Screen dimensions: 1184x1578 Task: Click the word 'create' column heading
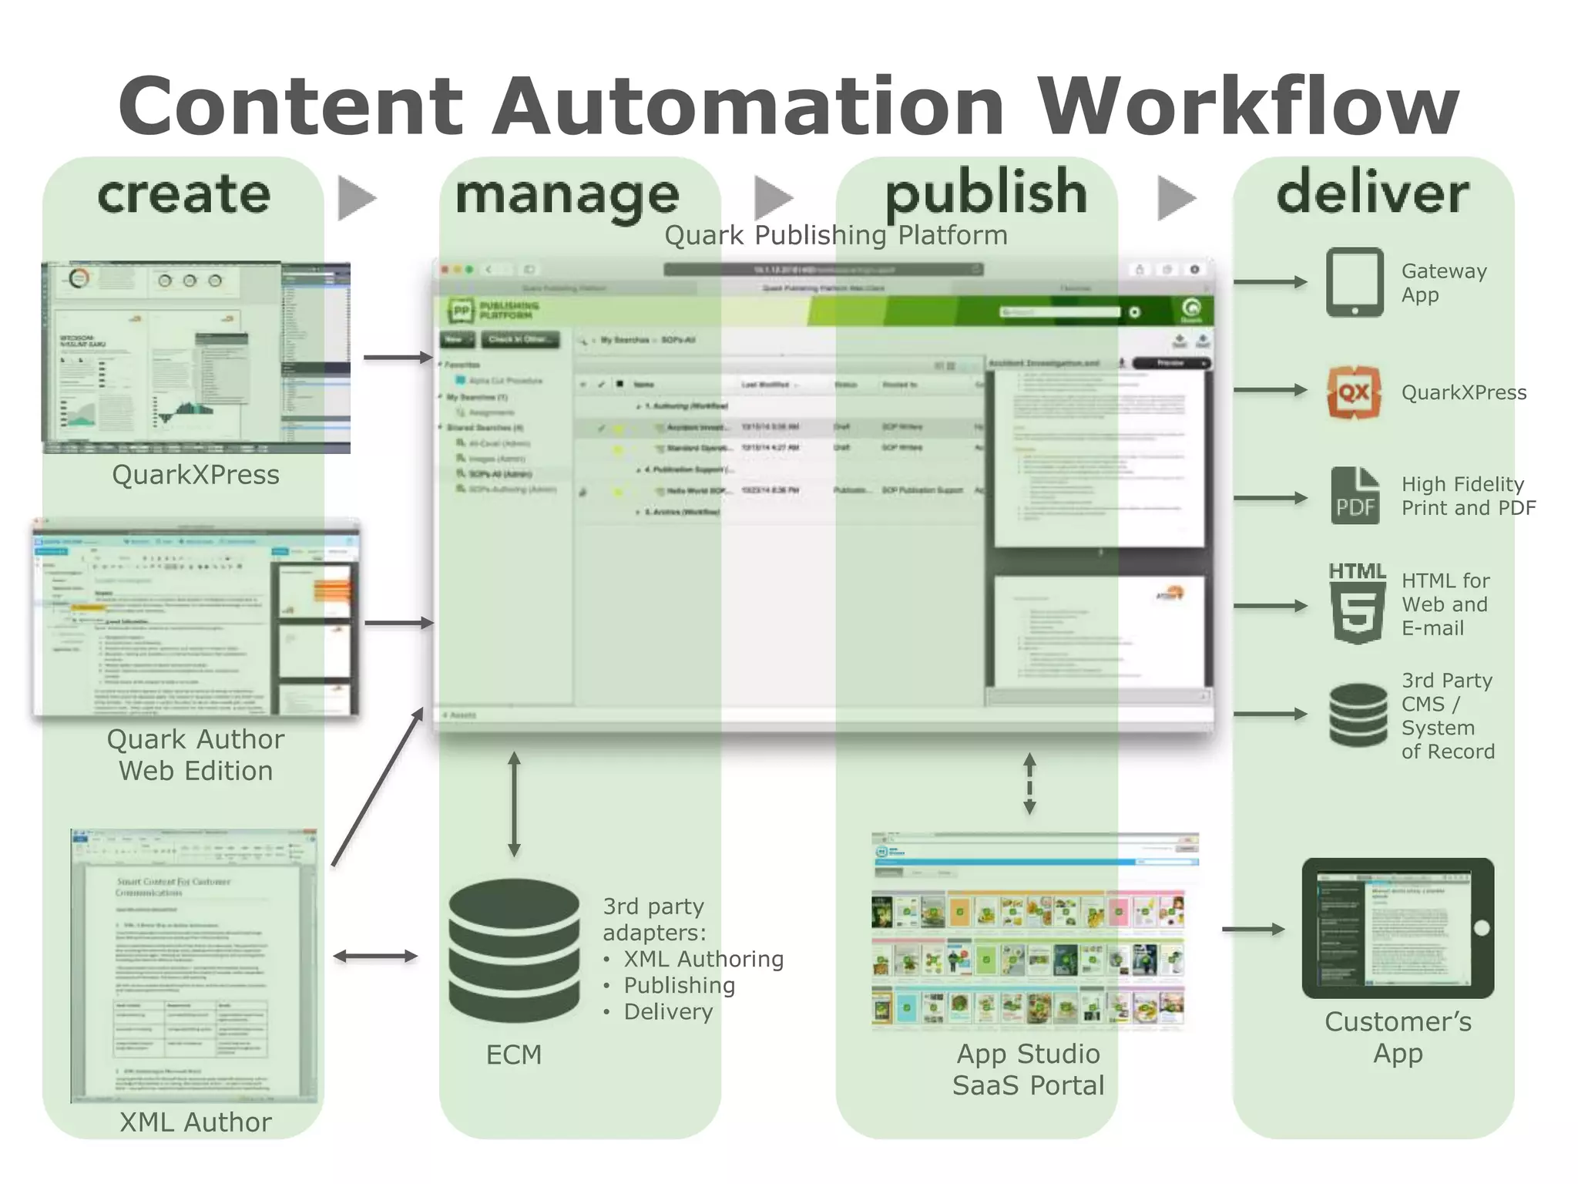[183, 194]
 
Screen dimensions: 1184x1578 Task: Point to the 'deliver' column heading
[1372, 193]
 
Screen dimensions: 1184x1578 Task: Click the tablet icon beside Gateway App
[1355, 282]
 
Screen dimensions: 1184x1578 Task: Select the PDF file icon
[1355, 496]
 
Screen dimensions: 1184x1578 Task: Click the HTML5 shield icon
[1357, 604]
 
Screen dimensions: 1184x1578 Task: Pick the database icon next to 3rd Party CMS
[1358, 715]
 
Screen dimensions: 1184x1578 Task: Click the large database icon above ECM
[514, 950]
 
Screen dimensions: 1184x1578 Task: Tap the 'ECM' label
[514, 1054]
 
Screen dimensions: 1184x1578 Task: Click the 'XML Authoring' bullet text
[703, 959]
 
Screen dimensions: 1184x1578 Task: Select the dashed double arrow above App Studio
[1029, 784]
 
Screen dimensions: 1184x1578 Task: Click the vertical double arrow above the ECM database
[515, 805]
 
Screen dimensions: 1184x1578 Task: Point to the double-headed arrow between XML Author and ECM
[375, 957]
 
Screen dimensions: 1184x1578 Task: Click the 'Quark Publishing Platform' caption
[836, 235]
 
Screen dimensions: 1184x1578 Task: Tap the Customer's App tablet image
[1398, 928]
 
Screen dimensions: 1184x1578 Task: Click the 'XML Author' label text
[196, 1122]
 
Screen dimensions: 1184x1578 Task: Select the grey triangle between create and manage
[356, 198]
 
